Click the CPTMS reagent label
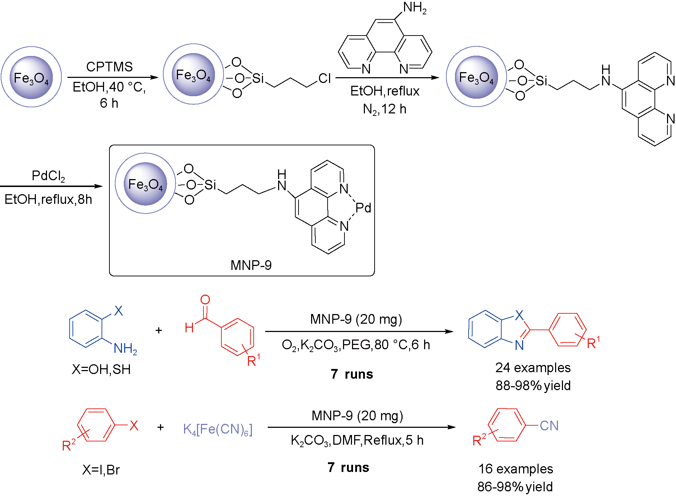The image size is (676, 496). [109, 67]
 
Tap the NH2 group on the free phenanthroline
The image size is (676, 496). [414, 8]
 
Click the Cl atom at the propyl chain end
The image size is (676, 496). [324, 79]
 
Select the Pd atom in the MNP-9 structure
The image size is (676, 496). [363, 208]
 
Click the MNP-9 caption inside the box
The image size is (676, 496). [251, 265]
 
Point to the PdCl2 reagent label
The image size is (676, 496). [48, 176]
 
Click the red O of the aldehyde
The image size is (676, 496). [205, 300]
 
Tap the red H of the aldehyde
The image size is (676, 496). [189, 327]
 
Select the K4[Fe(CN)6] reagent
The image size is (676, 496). [218, 429]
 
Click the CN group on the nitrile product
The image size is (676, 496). [549, 426]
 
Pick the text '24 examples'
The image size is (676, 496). [533, 368]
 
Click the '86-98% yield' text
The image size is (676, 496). [515, 487]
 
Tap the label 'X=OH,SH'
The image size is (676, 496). [101, 369]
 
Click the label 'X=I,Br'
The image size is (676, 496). [101, 470]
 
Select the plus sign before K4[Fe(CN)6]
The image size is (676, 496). [160, 427]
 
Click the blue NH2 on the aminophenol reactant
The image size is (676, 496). [125, 348]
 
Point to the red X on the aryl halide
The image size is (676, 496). [134, 426]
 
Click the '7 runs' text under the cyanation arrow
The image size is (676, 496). [348, 467]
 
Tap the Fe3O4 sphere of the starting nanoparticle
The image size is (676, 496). [31, 77]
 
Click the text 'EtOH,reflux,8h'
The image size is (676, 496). [48, 199]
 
